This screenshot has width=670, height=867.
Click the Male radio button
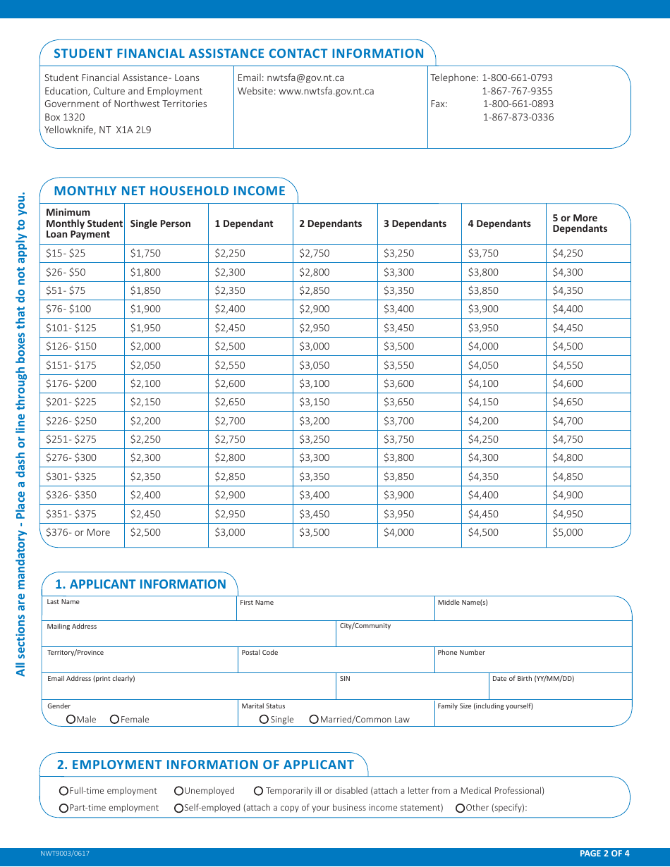(x=71, y=719)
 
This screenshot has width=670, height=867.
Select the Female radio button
(x=114, y=719)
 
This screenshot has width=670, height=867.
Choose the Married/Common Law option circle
(x=314, y=719)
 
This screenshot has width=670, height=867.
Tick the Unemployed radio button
(x=179, y=791)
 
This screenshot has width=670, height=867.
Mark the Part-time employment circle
(x=64, y=808)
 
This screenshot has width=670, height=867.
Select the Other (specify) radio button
(x=461, y=808)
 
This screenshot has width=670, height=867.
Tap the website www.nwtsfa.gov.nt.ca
(x=327, y=91)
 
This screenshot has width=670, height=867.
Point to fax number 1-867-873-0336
(x=518, y=117)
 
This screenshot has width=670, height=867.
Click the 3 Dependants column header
(x=415, y=224)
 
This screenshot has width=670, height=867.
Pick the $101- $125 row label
(x=71, y=328)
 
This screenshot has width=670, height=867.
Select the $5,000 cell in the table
(x=568, y=533)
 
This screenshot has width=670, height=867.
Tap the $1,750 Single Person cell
(x=145, y=253)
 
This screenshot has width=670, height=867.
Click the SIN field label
(x=345, y=679)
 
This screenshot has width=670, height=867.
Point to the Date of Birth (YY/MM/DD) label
(x=533, y=679)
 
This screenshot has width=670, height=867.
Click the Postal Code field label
(x=260, y=653)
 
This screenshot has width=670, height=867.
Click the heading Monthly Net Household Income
(x=169, y=191)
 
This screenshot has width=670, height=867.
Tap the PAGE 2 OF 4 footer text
(x=604, y=854)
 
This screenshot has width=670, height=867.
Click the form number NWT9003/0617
(x=65, y=854)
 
